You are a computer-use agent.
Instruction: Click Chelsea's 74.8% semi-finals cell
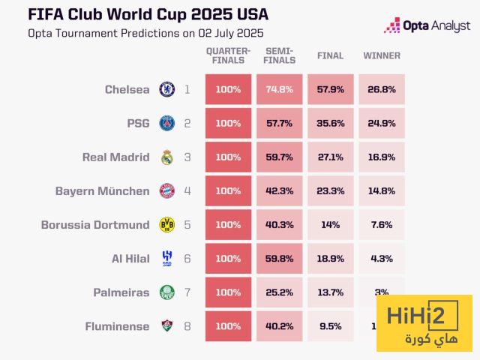[279, 90]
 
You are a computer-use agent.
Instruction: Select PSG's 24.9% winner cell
[381, 124]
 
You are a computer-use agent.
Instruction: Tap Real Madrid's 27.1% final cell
[330, 157]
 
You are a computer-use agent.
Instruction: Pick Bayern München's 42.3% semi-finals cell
[279, 191]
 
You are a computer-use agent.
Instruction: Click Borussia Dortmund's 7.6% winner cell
[381, 225]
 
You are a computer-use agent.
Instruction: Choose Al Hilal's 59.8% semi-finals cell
[279, 259]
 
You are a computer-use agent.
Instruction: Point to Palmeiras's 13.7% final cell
[330, 292]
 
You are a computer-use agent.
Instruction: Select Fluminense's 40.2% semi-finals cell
[279, 326]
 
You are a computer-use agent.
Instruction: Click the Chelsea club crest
[166, 90]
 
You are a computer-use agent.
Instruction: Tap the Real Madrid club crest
[166, 157]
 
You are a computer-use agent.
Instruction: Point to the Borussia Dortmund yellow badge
[166, 225]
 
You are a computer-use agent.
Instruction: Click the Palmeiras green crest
[166, 292]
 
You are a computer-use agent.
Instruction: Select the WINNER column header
[381, 56]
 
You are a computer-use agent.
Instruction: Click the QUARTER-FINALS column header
[228, 55]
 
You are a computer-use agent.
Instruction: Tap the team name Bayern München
[103, 191]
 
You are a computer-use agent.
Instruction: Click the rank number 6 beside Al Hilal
[187, 259]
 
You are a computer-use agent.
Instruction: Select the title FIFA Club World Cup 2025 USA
[147, 14]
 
